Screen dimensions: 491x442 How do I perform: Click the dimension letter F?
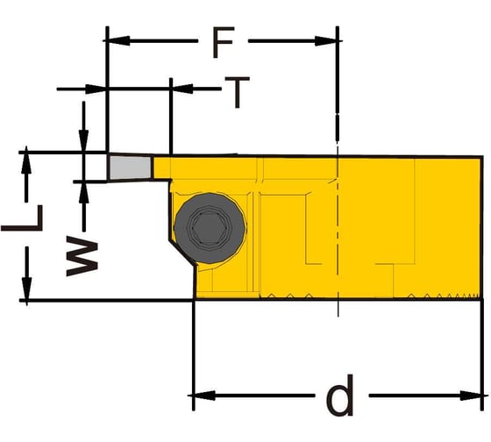tap(224, 43)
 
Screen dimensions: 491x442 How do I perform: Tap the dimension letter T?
tap(238, 92)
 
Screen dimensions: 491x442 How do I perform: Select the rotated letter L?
tap(22, 218)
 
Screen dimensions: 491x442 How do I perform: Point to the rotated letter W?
tap(82, 257)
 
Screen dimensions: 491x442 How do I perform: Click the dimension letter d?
tap(340, 395)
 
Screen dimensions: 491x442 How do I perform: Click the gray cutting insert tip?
tap(130, 168)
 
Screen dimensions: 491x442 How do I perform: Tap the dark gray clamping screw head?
tap(210, 228)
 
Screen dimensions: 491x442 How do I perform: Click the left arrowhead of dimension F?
tap(118, 40)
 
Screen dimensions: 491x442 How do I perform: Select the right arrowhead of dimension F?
tap(326, 41)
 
